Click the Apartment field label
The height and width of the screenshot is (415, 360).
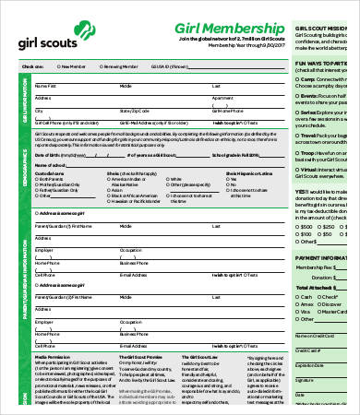pyautogui.click(x=221, y=97)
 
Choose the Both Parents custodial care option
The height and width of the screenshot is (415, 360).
pyautogui.click(x=38, y=179)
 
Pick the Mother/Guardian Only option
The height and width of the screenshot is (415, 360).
pyautogui.click(x=38, y=184)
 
